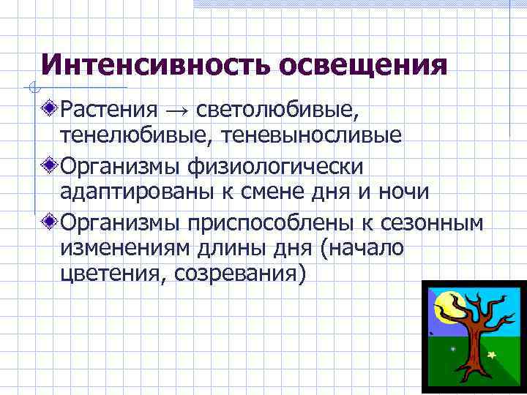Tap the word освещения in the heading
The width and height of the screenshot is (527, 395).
point(362,66)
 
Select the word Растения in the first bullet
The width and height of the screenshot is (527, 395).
point(109,110)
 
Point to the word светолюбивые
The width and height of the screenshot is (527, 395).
point(279,110)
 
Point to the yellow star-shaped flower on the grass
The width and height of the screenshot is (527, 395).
point(491,355)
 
